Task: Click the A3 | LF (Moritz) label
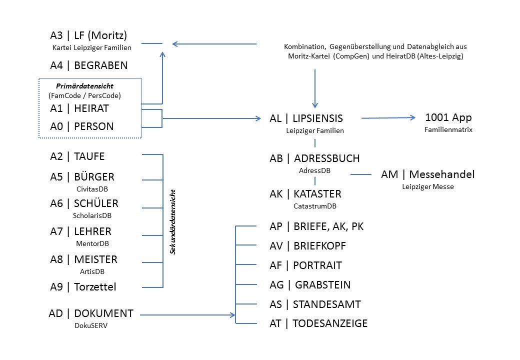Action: pos(88,35)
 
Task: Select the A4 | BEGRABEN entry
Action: pos(89,65)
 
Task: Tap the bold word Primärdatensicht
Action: pos(84,86)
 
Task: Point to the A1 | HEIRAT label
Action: pos(79,108)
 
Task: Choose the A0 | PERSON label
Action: pos(82,126)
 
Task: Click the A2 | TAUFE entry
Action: pos(77,156)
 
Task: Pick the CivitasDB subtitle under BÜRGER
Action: pos(92,189)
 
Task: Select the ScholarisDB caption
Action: pos(92,215)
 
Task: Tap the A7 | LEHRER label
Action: pos(81,231)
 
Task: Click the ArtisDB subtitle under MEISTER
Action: pos(92,271)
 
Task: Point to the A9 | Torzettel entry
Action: pos(83,286)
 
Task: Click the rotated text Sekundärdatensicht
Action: pos(172,222)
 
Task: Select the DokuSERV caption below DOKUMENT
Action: pos(91,325)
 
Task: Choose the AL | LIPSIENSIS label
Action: pos(306,118)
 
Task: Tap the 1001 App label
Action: pos(448,117)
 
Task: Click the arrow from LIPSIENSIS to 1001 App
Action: pos(388,117)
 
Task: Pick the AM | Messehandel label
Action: pos(428,174)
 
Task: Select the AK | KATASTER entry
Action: pos(305,194)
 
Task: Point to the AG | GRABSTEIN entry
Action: pos(310,285)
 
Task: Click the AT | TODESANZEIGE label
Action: pos(318,323)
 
